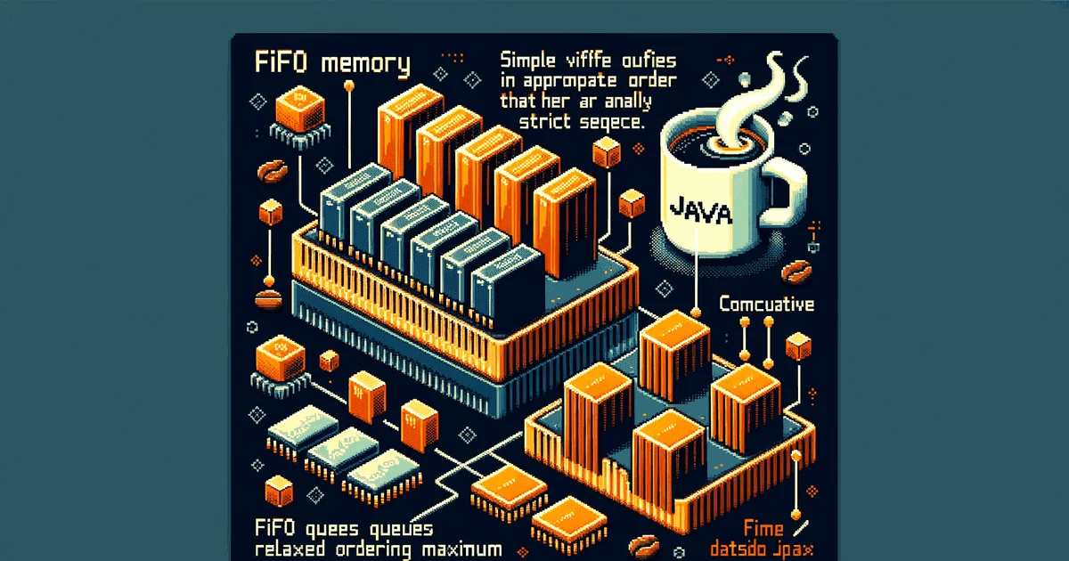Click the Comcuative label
click(x=766, y=305)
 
